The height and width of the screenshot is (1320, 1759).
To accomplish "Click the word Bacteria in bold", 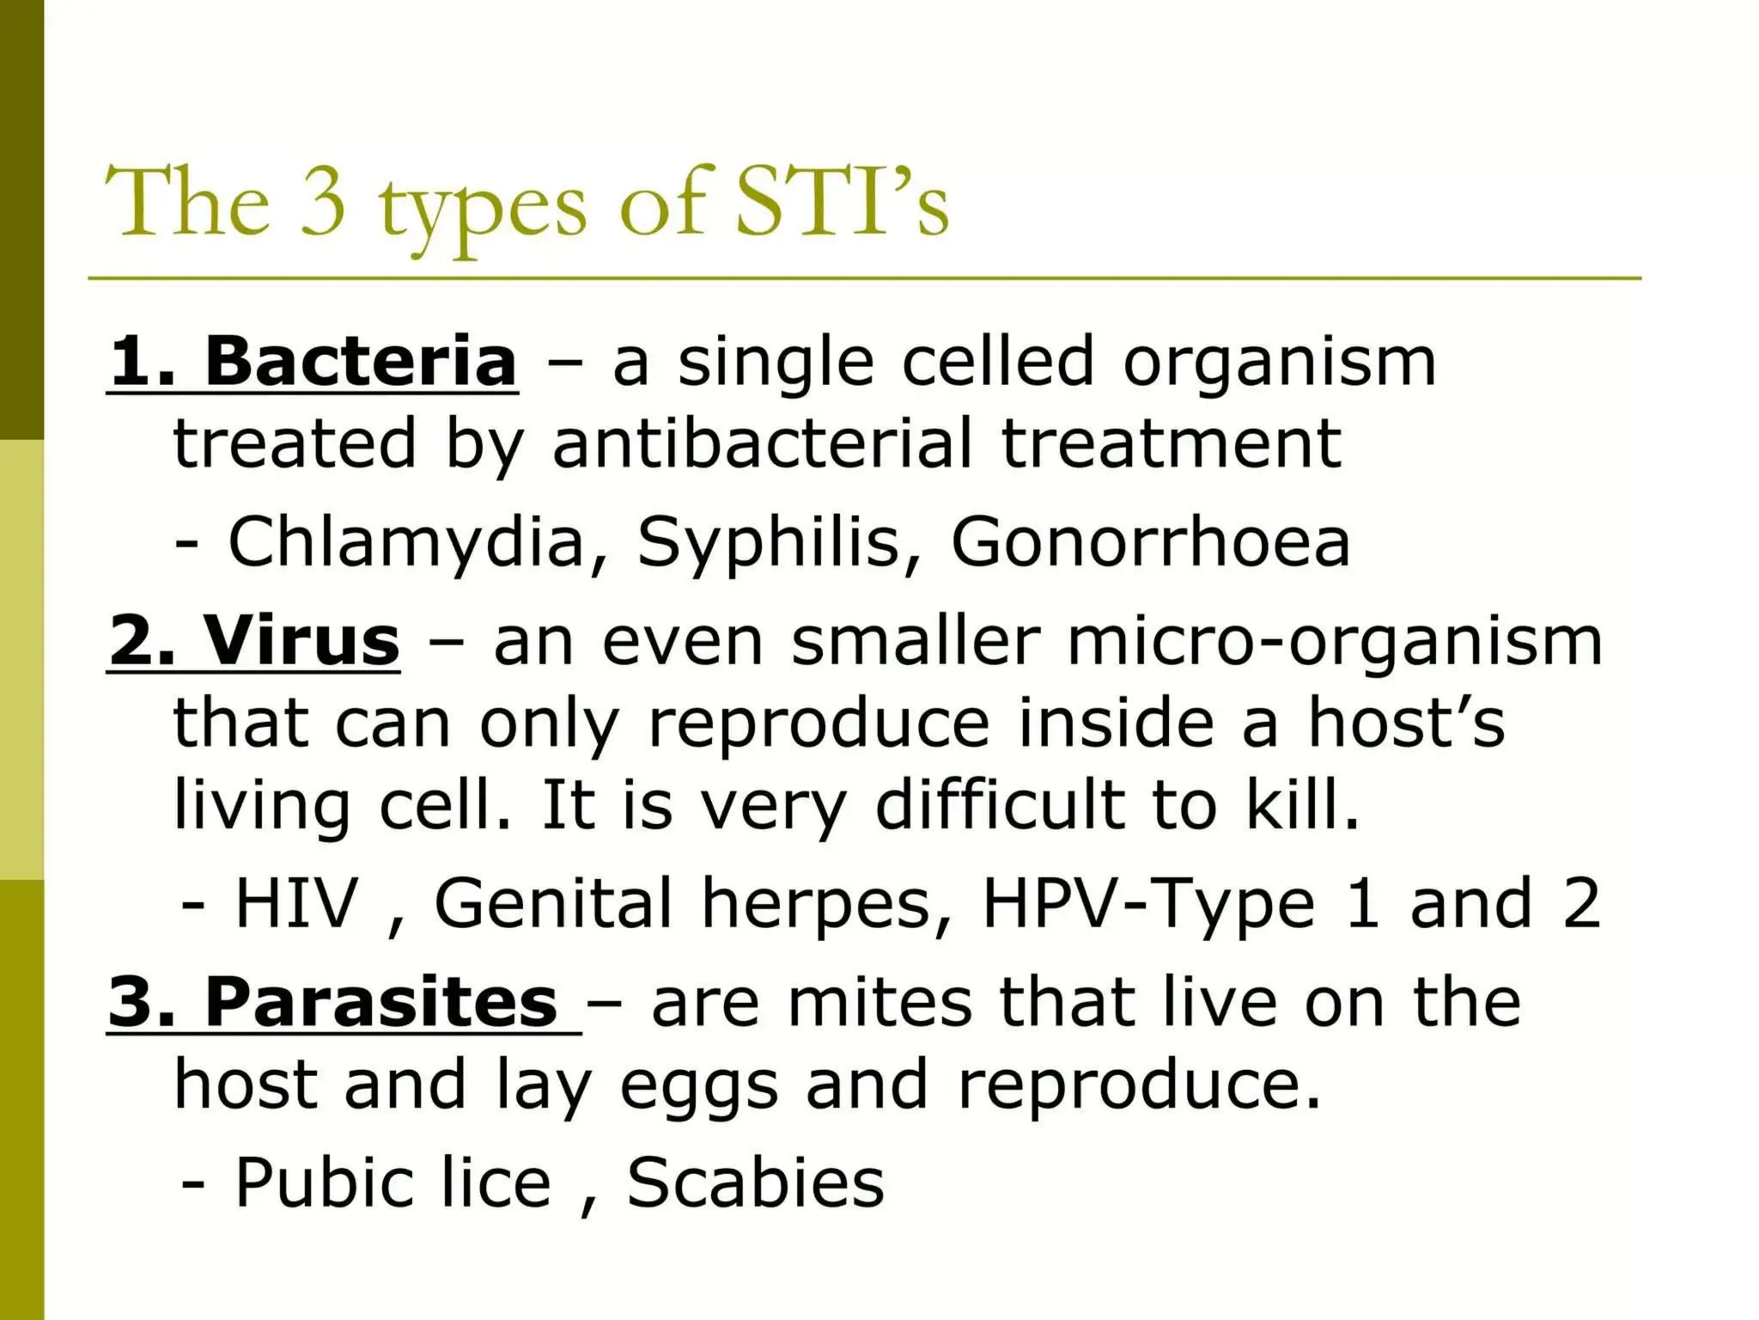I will (x=361, y=362).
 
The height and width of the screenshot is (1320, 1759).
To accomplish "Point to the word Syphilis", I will (x=768, y=542).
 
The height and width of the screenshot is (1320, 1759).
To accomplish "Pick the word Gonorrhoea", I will (x=1151, y=542).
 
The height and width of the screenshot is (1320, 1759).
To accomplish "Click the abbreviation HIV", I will (x=296, y=903).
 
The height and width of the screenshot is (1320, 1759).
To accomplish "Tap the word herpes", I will (x=817, y=903).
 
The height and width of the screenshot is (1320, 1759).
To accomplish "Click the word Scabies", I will (x=755, y=1182).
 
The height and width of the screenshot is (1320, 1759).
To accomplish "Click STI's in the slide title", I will (x=842, y=203).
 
